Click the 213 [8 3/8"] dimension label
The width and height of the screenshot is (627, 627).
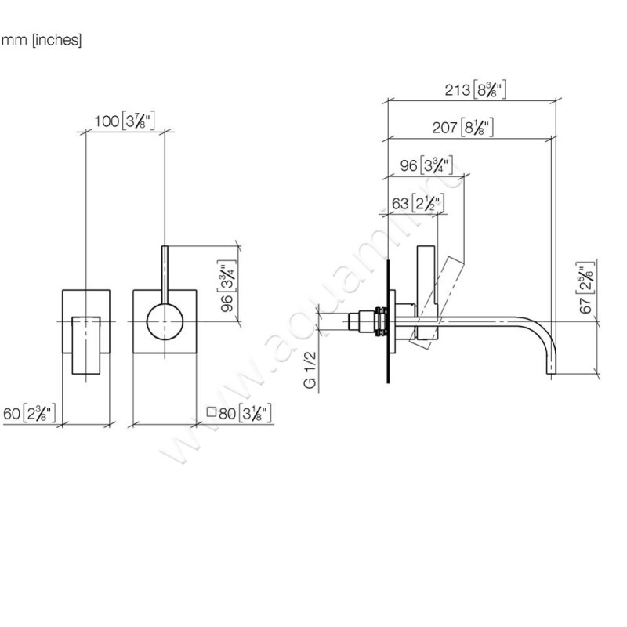click(470, 89)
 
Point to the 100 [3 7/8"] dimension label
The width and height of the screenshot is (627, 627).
click(123, 121)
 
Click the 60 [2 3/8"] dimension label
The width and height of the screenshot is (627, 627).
click(29, 412)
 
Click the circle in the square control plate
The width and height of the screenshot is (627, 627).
click(164, 322)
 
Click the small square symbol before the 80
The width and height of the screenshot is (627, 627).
click(210, 412)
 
